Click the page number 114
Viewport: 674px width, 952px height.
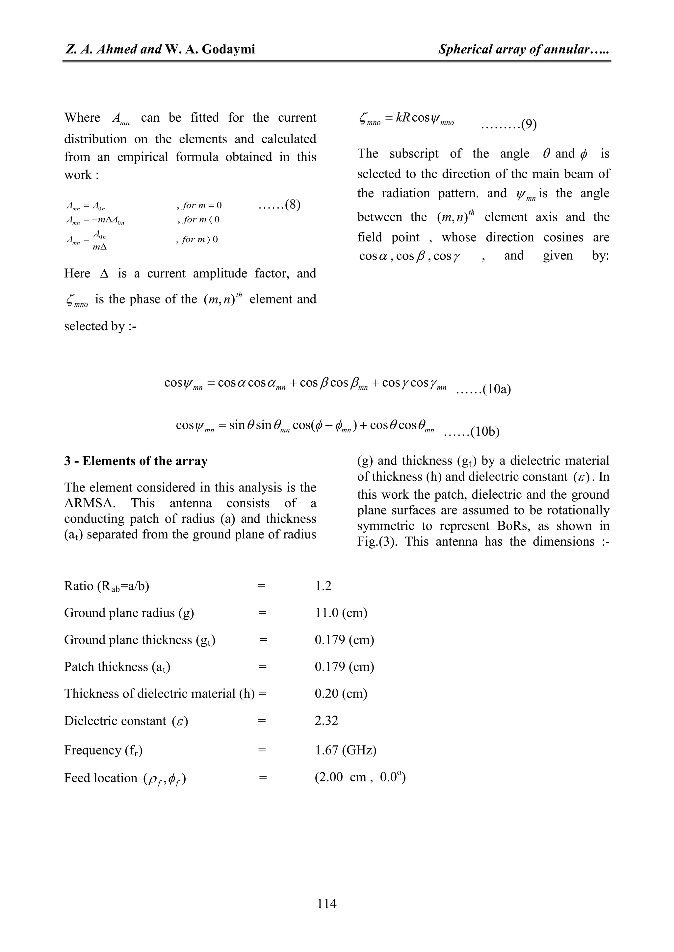[x=326, y=903]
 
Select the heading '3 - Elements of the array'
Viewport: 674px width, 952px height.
[x=136, y=461]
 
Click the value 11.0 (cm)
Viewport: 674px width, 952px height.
[x=341, y=612]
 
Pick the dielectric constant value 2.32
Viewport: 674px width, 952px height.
[x=326, y=720]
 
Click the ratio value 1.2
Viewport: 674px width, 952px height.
[x=323, y=585]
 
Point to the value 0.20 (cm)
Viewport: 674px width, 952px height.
[x=341, y=693]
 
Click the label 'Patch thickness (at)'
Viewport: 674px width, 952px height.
[x=117, y=666]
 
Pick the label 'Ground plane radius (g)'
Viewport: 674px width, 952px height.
[x=129, y=612]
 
